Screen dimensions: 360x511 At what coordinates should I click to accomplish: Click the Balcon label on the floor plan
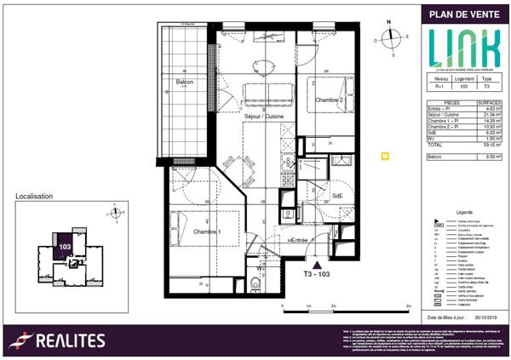185,82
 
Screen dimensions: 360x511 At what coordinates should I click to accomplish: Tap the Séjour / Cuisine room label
262,115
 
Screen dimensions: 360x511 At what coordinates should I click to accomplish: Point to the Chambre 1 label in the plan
207,232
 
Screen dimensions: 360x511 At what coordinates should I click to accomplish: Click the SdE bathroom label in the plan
337,195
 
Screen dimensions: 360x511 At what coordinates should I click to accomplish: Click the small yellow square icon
384,157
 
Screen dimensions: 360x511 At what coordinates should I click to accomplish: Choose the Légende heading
464,211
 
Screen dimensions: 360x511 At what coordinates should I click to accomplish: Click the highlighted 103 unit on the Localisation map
64,245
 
